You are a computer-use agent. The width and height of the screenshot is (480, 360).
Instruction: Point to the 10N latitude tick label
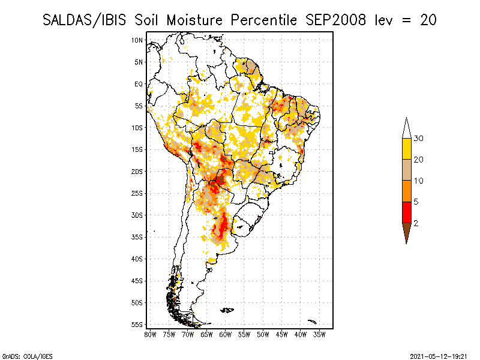point(137,40)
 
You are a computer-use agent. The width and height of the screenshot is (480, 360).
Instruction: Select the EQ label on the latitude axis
point(138,84)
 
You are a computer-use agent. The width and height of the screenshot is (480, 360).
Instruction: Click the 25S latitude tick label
point(137,193)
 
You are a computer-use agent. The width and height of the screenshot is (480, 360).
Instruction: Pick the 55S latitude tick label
point(137,325)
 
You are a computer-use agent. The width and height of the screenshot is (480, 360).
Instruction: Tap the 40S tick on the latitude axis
point(137,259)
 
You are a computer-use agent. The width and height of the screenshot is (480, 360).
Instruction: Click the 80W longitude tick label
point(150,334)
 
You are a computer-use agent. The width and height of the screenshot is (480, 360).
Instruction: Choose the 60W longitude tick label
point(225,334)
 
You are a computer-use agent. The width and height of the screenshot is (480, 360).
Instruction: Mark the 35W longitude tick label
point(319,334)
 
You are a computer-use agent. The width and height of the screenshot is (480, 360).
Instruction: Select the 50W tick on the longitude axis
point(263,334)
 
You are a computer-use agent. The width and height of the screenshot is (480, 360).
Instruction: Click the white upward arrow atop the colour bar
point(406,128)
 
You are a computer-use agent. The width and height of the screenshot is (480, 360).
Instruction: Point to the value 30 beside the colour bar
point(419,139)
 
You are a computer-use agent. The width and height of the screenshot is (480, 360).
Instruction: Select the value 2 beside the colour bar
point(416,223)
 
